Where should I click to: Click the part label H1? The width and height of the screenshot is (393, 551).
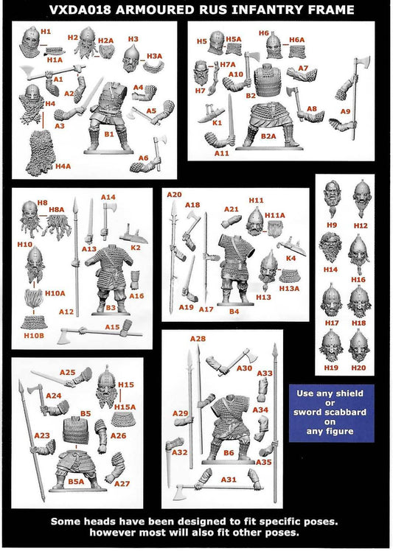click(46, 32)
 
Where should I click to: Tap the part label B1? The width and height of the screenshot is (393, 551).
click(109, 135)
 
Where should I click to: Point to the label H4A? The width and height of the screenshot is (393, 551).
click(63, 166)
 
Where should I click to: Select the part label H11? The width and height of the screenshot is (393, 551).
click(256, 200)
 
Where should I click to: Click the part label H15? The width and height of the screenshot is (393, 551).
click(125, 385)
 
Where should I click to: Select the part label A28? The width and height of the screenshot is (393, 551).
click(198, 338)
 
